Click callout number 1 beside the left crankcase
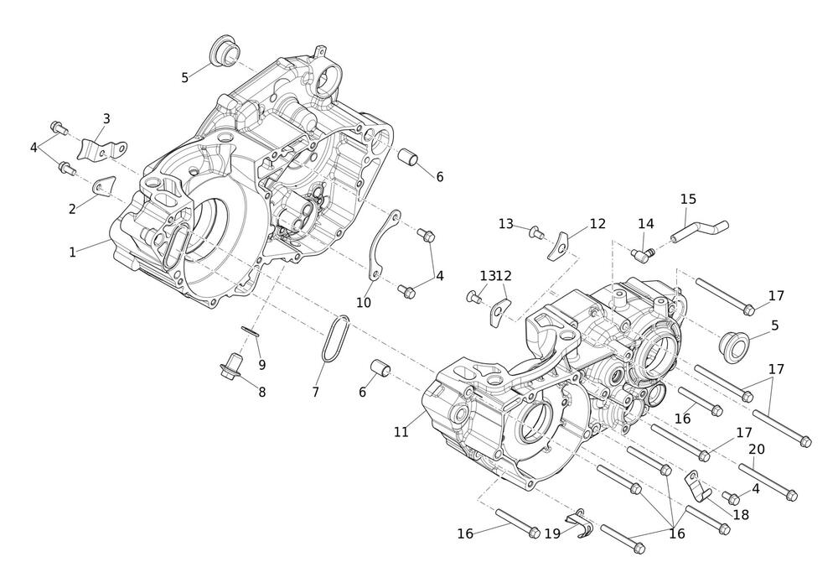73,252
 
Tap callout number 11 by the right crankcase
401,432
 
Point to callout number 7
316,392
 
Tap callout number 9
261,365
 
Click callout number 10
363,303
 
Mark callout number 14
645,224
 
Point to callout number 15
688,199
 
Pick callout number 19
552,533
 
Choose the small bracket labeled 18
696,484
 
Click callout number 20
756,450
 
